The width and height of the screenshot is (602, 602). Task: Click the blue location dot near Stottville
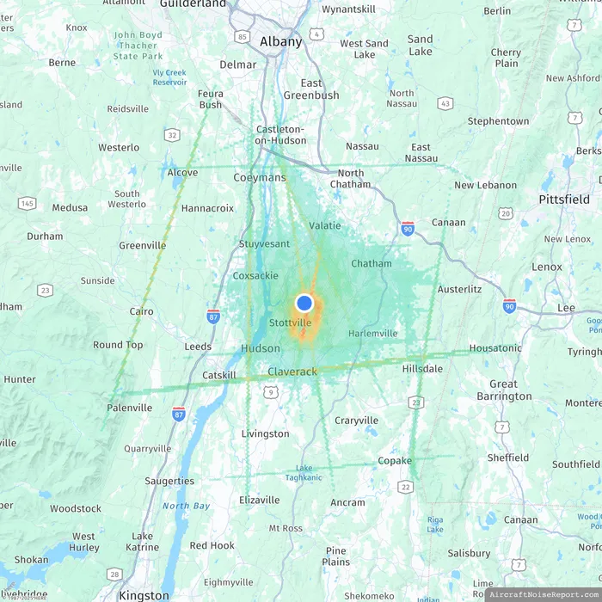point(304,303)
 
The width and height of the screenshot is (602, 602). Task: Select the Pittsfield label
point(564,199)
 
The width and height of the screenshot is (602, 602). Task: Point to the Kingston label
point(144,595)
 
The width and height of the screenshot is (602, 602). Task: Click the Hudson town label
point(260,348)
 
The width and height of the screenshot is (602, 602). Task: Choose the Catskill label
point(218,376)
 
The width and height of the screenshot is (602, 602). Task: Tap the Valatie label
point(324,225)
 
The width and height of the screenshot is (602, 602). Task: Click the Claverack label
point(292,372)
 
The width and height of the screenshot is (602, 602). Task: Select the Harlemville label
point(373,333)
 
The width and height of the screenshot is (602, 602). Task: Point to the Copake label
point(395,461)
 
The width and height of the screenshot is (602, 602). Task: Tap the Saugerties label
point(169,481)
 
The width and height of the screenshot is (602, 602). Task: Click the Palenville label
point(130,408)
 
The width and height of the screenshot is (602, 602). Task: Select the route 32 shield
point(173,135)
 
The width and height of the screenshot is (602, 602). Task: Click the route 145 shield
point(28,203)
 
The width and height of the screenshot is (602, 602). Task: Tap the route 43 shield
point(445,103)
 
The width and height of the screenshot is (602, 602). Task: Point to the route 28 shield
point(114,574)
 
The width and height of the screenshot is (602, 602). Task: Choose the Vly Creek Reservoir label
point(169,77)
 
